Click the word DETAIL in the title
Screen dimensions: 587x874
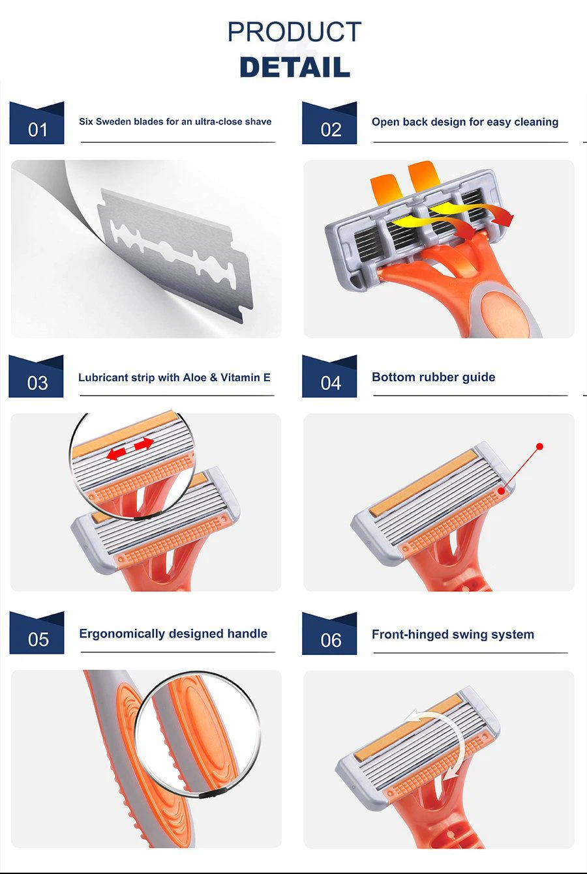(x=295, y=67)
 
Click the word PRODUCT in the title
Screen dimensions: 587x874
(x=294, y=31)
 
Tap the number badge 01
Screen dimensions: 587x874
(x=37, y=123)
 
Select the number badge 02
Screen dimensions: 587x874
(x=329, y=123)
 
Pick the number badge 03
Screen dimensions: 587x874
(x=36, y=377)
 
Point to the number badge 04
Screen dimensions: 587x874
(x=329, y=377)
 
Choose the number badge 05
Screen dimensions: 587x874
(x=37, y=633)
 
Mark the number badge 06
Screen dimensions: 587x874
(x=329, y=634)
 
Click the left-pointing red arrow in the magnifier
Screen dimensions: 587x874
(x=116, y=454)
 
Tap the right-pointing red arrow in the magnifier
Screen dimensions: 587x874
(x=143, y=444)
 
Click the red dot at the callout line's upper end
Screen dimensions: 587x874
(x=540, y=446)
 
